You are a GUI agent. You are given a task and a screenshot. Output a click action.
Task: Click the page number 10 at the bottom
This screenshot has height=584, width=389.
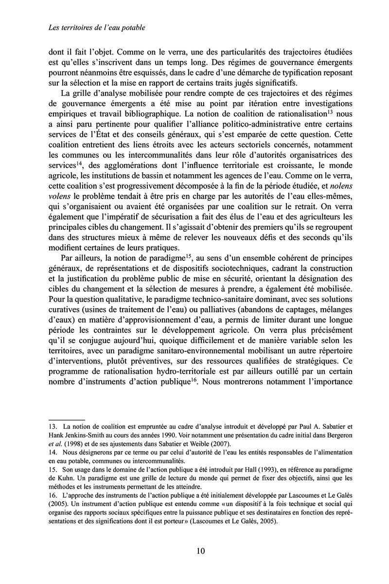click(201, 551)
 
